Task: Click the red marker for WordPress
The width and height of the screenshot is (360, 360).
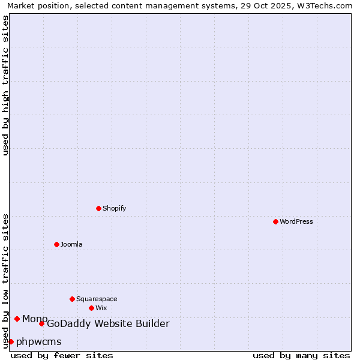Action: [275, 221]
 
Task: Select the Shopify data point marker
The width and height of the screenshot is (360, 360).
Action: [98, 208]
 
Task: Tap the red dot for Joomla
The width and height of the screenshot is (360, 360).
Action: [56, 244]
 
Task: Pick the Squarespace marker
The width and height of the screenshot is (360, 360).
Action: [72, 299]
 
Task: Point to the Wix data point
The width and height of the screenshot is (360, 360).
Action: [91, 308]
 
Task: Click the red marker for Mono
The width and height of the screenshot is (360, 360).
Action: [17, 319]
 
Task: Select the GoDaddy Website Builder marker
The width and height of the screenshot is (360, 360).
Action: [41, 324]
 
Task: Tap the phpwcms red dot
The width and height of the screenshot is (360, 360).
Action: [11, 341]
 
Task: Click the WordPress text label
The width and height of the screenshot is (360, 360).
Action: [296, 221]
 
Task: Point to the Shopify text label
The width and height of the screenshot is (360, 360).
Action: [114, 208]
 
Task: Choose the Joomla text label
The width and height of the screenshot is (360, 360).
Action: [71, 244]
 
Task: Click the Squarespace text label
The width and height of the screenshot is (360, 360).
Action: [97, 299]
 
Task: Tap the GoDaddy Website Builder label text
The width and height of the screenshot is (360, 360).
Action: [108, 324]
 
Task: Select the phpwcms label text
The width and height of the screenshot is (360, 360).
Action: [39, 342]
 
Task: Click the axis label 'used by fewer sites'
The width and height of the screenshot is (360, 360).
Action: [62, 355]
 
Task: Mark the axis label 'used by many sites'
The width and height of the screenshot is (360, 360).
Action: [301, 355]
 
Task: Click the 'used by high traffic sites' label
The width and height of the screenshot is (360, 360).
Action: [5, 85]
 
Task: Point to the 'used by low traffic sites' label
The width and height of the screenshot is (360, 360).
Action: [5, 281]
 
